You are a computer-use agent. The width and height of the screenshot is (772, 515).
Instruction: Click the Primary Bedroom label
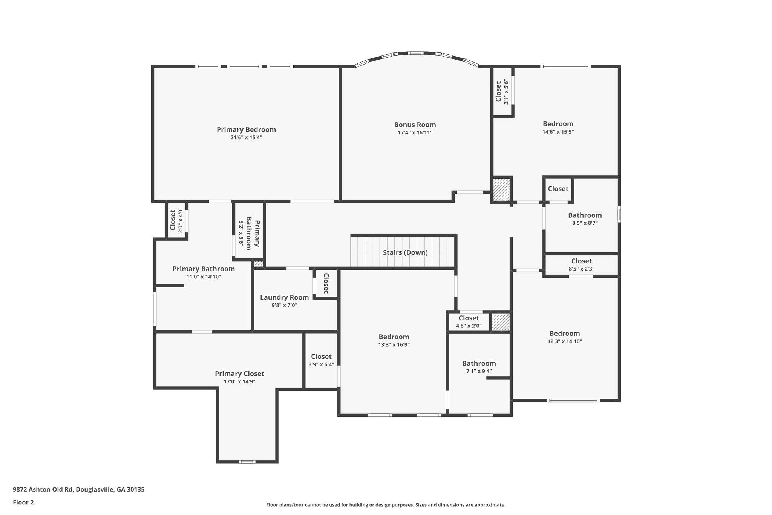pos(246,129)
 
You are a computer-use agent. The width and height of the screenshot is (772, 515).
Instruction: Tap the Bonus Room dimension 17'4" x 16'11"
pos(415,133)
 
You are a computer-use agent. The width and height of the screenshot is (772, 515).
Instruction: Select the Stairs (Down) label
pos(405,252)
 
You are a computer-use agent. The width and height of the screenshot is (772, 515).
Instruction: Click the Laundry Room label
pos(284,297)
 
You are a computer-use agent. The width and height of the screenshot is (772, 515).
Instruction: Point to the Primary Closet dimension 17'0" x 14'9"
pos(239,381)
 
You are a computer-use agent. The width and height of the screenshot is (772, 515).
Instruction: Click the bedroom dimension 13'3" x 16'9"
pos(394,344)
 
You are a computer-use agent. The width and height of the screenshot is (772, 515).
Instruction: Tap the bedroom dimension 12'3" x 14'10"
pos(565,341)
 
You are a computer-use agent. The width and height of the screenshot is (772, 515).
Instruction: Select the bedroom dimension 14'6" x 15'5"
pos(558,132)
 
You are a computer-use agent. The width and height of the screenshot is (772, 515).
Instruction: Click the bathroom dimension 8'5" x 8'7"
pos(585,223)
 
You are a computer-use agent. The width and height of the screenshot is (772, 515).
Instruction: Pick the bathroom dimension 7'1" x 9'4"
pos(479,371)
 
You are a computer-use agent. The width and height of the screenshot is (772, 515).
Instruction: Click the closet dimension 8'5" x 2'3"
pos(582,269)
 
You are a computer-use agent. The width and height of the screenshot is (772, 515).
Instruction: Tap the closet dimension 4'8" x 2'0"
pos(469,326)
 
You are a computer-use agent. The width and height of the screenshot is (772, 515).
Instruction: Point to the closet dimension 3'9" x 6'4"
pos(322,364)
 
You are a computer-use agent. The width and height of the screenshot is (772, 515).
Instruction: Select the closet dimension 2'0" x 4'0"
pos(181,221)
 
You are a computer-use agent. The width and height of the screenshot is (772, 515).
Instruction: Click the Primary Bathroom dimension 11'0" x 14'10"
pos(204,277)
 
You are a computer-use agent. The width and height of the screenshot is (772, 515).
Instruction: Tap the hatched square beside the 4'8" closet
pos(501,322)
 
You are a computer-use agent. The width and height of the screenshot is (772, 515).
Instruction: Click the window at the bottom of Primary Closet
pos(247,462)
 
